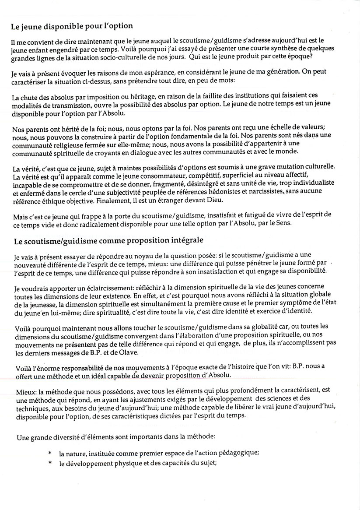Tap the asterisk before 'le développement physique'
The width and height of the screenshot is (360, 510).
click(50, 463)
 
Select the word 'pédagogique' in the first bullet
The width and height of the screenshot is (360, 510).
click(238, 454)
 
